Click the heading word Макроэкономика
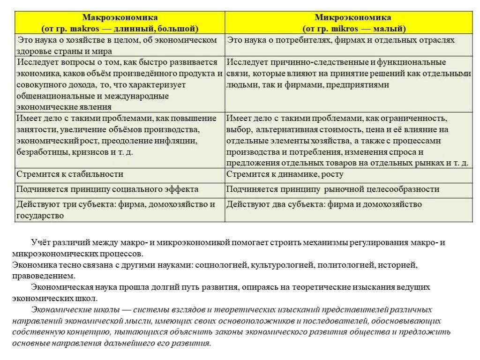click(120, 18)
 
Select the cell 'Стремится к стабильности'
click(70, 174)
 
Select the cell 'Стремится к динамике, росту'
click(285, 174)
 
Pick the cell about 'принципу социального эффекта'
click(107, 189)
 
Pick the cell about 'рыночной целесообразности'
click(333, 189)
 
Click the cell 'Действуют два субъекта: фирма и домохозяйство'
click(324, 204)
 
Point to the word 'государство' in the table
click(40, 216)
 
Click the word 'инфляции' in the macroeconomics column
click(180, 141)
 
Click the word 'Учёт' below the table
click(40, 242)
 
